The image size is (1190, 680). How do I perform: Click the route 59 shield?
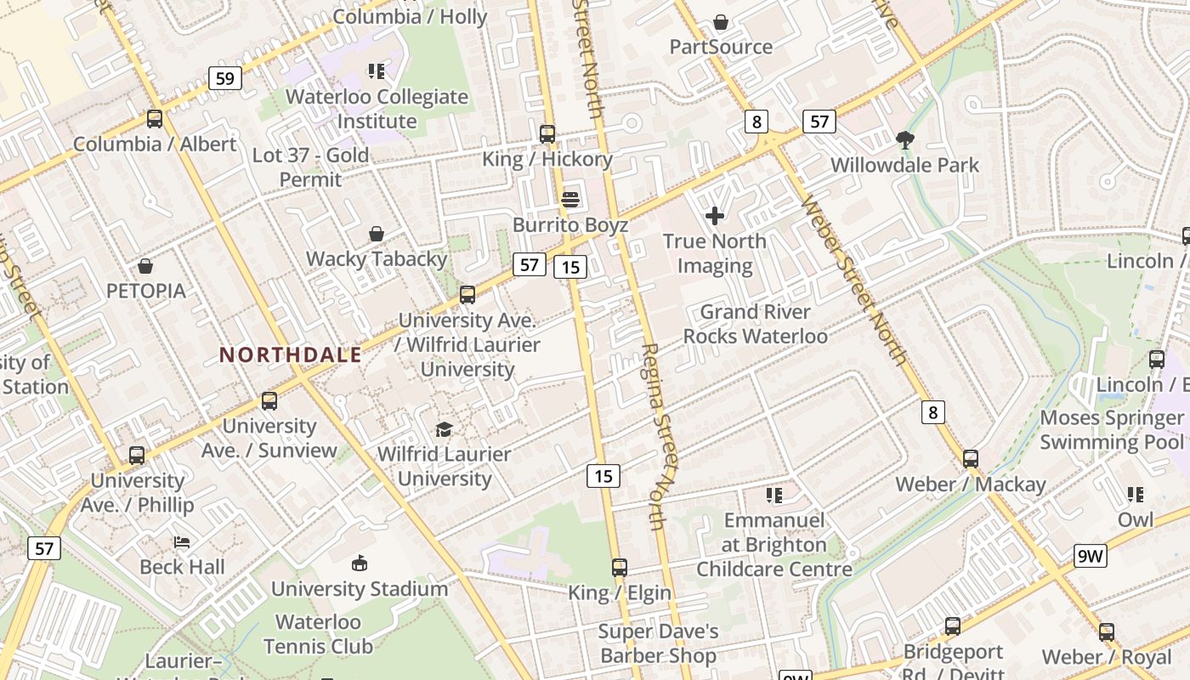click(224, 79)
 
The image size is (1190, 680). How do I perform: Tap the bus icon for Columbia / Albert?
click(154, 119)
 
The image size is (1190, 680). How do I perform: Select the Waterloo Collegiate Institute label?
click(377, 109)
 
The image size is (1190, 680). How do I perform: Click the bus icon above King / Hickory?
click(547, 134)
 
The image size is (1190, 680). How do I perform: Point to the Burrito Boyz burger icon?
click(570, 200)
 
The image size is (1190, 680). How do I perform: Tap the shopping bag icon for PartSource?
click(721, 22)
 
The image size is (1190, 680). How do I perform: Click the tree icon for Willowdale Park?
click(905, 140)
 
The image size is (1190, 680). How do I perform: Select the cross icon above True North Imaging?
click(715, 216)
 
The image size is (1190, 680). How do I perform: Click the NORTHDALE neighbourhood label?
click(291, 354)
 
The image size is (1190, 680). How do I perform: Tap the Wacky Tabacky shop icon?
click(376, 234)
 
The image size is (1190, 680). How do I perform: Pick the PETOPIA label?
click(145, 291)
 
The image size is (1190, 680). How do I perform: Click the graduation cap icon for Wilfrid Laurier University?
click(444, 429)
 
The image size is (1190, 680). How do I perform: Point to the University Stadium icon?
click(360, 564)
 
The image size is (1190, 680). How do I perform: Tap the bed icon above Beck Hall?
click(182, 542)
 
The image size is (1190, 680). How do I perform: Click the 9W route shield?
click(1090, 557)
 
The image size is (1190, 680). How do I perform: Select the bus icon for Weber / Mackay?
click(971, 460)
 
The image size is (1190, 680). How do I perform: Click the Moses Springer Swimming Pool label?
click(1112, 430)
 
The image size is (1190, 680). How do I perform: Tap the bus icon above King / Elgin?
click(620, 568)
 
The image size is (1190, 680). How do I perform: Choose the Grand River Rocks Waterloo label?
click(755, 324)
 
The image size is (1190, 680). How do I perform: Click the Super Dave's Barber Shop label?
click(658, 643)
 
